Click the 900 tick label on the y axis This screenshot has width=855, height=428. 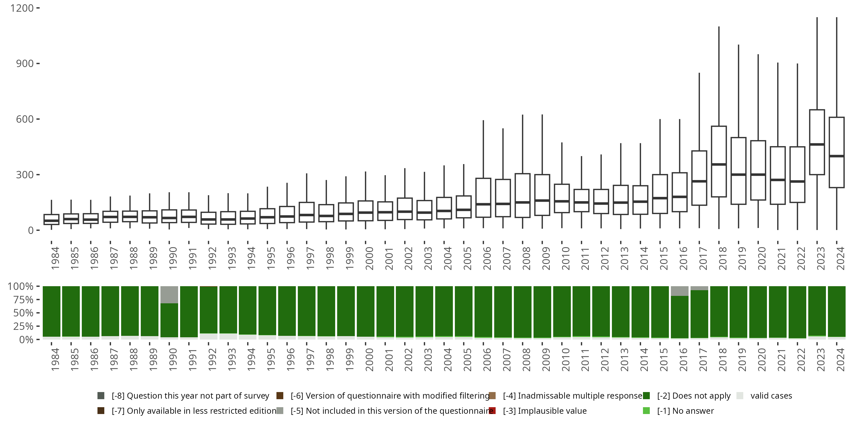[x=25, y=63]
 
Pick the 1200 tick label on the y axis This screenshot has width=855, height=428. [x=22, y=8]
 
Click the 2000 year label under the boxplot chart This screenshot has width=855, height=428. [x=369, y=259]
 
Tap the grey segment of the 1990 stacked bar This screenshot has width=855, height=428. [x=169, y=294]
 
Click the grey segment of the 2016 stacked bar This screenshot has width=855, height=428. [x=679, y=291]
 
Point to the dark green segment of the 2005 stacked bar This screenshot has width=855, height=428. [x=464, y=311]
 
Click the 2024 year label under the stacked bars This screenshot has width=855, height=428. [x=840, y=360]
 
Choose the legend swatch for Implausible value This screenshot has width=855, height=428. [x=492, y=411]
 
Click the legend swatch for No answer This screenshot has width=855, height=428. [x=646, y=411]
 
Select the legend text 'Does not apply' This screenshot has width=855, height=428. [x=694, y=396]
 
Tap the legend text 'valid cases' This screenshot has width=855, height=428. [x=771, y=396]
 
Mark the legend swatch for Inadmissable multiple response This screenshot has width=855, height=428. [x=492, y=396]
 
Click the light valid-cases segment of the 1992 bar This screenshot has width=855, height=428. [x=208, y=336]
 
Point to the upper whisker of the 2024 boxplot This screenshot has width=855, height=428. [x=836, y=66]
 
